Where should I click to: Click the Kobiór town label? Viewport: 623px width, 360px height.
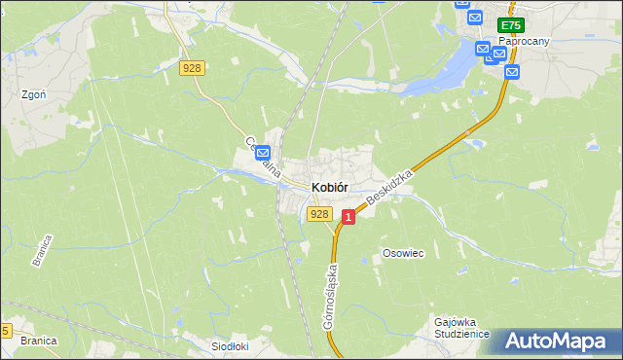(330, 188)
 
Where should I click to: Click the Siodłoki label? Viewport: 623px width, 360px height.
(231, 345)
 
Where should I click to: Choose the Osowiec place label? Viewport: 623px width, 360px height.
(403, 253)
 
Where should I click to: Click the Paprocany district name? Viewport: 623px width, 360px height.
(524, 42)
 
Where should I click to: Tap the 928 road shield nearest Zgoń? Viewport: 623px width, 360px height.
(192, 67)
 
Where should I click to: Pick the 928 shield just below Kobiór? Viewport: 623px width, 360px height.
(318, 213)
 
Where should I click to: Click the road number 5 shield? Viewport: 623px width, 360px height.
(6, 331)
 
